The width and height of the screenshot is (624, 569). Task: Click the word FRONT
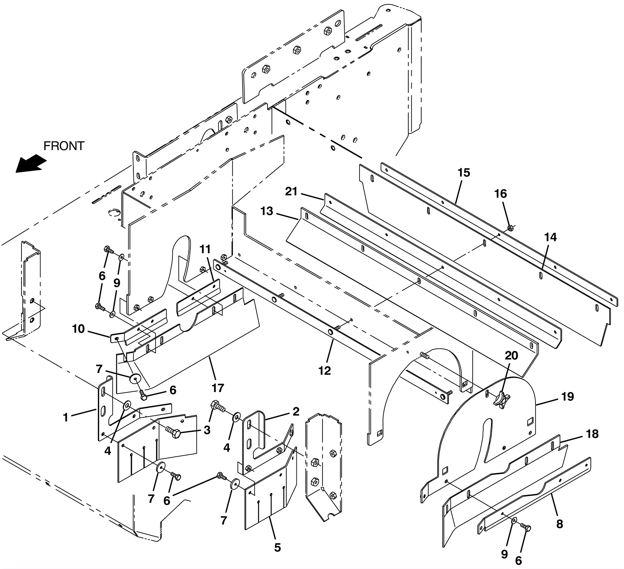click(64, 146)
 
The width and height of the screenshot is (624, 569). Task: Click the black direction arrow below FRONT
click(30, 163)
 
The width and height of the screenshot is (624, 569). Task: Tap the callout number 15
click(464, 173)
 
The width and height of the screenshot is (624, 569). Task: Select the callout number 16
click(501, 194)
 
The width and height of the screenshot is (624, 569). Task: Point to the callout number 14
click(550, 237)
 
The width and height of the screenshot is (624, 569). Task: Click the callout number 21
click(291, 191)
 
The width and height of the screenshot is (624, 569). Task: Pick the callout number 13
click(267, 211)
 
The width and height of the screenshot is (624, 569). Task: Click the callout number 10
click(78, 329)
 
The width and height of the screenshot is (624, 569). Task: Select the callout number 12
click(324, 370)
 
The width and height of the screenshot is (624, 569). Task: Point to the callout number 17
click(218, 388)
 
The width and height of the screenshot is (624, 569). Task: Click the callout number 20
click(512, 355)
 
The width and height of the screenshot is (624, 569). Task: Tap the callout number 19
click(567, 397)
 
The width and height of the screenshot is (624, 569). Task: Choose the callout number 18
click(592, 434)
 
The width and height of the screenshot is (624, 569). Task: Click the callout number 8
click(560, 524)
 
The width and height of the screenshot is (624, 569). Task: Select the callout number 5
click(277, 548)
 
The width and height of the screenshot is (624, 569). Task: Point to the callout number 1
click(66, 417)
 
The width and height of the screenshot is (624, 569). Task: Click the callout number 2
click(296, 412)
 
